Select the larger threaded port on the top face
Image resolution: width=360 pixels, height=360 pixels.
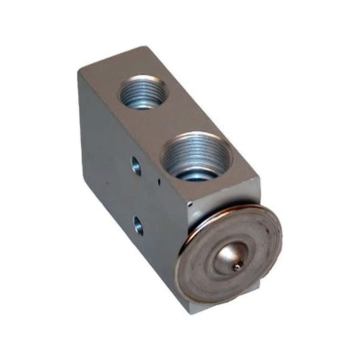(x=196, y=156)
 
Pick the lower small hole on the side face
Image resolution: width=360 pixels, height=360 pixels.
(x=138, y=226)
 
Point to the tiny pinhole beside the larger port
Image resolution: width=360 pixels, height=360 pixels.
(x=159, y=182)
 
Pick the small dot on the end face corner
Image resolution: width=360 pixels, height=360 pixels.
(x=190, y=204)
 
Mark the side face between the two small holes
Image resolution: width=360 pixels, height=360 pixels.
(x=137, y=196)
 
